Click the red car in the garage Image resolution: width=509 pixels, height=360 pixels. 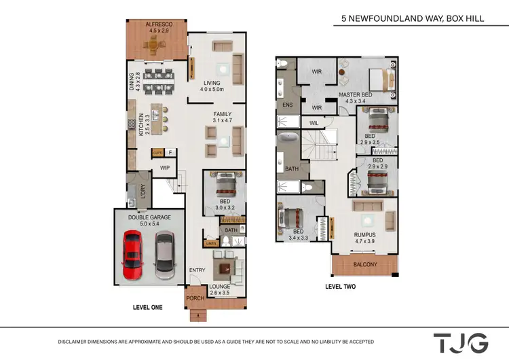tap(132, 254)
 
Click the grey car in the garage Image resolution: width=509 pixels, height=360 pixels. tap(165, 255)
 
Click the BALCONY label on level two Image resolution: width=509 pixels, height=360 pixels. tap(365, 264)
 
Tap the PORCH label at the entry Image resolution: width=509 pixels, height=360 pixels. tap(195, 298)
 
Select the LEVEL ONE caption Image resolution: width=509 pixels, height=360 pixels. tap(147, 308)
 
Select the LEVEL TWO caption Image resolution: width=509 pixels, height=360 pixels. tap(341, 287)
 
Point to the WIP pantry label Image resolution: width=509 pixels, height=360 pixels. tap(165, 168)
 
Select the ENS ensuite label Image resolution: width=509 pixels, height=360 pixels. tap(287, 105)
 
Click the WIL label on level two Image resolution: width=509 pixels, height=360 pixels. tap(314, 123)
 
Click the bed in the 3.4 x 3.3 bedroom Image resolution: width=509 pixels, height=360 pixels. tap(290, 219)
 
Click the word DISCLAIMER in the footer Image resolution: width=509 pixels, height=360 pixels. tap(77, 342)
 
